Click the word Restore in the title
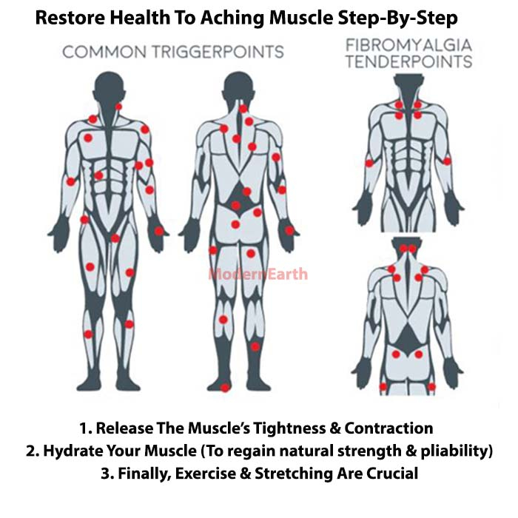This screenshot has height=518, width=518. click(70, 18)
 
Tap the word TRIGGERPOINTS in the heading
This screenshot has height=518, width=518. click(218, 53)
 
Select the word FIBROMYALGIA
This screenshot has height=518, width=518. click(408, 45)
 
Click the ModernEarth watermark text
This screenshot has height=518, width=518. click(258, 275)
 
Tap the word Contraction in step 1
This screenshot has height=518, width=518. click(388, 428)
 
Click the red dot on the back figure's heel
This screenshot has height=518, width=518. click(225, 388)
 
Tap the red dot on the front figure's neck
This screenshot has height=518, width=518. click(118, 107)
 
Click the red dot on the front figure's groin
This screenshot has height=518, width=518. click(115, 238)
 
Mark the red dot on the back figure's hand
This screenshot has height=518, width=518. click(289, 231)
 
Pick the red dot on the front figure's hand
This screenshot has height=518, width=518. click(159, 231)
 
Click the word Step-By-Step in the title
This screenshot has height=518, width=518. click(398, 18)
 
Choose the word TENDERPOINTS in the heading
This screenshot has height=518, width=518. click(409, 61)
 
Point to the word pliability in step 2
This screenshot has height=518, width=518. click(457, 451)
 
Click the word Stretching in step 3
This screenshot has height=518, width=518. click(293, 474)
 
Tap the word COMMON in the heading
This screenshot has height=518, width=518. click(104, 53)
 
